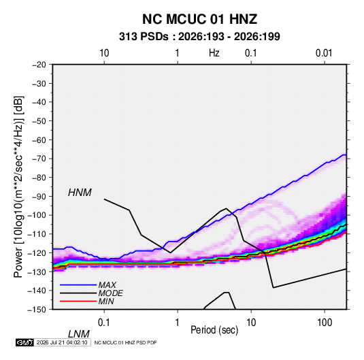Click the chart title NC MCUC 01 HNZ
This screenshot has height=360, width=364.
(199, 19)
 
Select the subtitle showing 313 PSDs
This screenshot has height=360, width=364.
(199, 37)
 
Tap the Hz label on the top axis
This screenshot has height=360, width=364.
(214, 53)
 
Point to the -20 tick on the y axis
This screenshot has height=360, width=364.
(39, 65)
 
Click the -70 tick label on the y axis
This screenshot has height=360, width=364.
(39, 159)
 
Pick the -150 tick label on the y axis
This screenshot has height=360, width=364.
(37, 310)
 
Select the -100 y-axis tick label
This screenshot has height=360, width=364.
(37, 215)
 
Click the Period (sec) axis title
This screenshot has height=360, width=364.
(214, 330)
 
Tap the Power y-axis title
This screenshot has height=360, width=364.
(18, 187)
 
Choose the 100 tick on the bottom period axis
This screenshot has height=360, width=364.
(325, 323)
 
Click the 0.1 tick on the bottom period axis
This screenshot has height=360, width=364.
(104, 323)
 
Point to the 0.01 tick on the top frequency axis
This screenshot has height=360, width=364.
(324, 53)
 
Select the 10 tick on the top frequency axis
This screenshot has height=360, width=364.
(104, 53)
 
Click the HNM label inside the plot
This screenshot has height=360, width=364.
(80, 193)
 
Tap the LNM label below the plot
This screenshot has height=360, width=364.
(79, 334)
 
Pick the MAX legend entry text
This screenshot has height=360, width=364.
(107, 285)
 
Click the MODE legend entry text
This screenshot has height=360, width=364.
(110, 293)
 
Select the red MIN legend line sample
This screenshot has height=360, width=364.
(78, 301)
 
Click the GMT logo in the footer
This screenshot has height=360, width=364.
(25, 342)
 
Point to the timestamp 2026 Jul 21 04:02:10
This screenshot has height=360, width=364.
(62, 342)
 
